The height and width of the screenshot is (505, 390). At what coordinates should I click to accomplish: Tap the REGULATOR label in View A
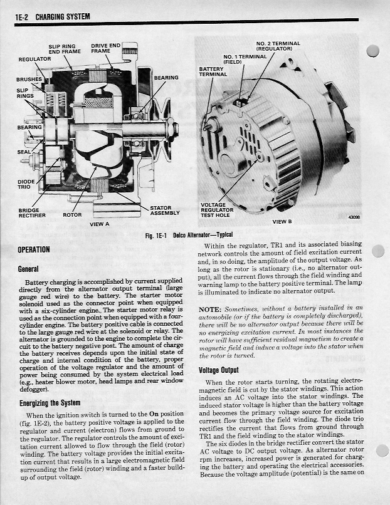(34, 58)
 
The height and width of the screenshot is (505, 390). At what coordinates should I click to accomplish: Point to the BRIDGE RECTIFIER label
(29, 213)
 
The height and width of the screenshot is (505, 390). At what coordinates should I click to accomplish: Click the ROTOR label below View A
(72, 215)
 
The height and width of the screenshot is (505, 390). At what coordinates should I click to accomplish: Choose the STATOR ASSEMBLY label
(165, 211)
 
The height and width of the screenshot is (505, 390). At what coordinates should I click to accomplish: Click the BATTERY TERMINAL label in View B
(213, 71)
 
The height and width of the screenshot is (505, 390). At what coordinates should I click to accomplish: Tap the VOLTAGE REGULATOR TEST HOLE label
(217, 210)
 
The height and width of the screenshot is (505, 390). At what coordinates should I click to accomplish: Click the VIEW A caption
(99, 224)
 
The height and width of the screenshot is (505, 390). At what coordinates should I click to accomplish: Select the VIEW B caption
(282, 222)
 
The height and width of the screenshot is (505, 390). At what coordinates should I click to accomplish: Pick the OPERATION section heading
(34, 249)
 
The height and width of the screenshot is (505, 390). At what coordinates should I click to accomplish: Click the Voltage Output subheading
(218, 370)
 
